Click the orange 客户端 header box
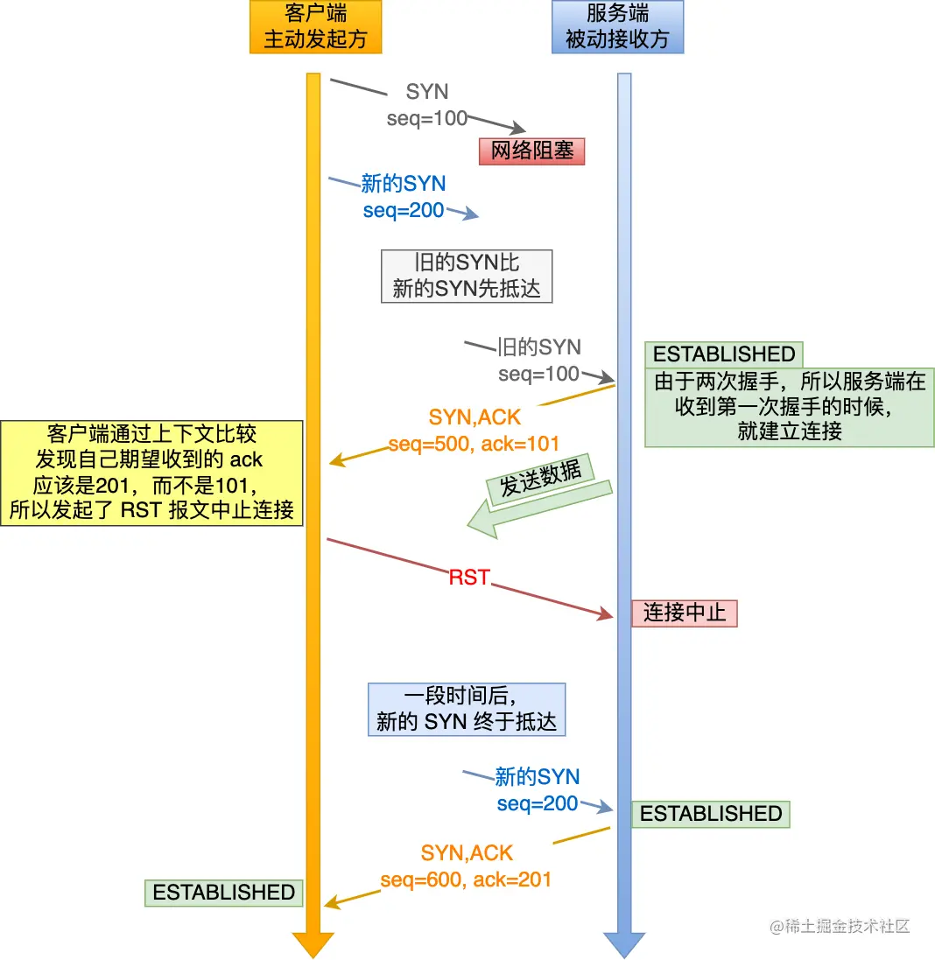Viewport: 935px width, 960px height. pos(316,27)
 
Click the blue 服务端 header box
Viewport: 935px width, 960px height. pos(617,27)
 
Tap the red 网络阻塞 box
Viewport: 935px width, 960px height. pos(531,151)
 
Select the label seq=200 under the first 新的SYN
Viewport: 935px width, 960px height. pos(404,210)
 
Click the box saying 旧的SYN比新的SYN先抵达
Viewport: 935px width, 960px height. pos(467,277)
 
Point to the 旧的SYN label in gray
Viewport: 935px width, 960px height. pos(539,347)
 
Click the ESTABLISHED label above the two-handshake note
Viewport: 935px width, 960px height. pos(724,354)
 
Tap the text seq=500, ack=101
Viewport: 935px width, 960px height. pos(474,444)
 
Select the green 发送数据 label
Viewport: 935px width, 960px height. pos(541,479)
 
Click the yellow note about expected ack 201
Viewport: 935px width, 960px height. pos(152,473)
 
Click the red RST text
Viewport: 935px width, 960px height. pos(469,578)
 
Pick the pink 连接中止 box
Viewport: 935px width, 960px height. pos(685,613)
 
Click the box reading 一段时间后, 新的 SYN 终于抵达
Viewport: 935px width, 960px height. pos(467,710)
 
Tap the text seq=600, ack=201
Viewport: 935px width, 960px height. pos(466,879)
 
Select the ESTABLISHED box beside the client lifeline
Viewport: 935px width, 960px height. pos(224,893)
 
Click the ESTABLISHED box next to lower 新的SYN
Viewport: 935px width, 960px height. pos(711,814)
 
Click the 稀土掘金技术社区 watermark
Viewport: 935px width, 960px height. pos(840,926)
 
